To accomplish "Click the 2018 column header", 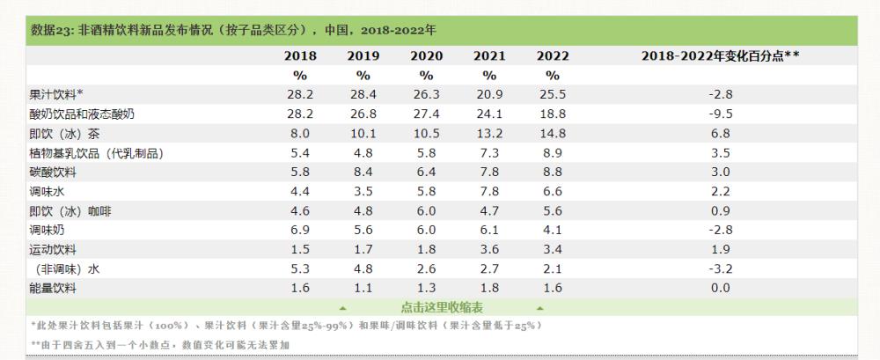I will [300, 55].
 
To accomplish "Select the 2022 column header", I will [553, 55].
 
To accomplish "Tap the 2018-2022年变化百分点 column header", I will [720, 55].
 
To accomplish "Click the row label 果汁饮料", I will [56, 94].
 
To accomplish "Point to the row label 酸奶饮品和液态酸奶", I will [82, 114].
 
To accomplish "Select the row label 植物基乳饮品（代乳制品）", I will [97, 153].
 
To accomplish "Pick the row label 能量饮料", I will [53, 289].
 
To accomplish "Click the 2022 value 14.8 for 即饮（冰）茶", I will [553, 134].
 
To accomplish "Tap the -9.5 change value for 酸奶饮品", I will [720, 114].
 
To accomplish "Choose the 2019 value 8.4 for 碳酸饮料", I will [363, 173].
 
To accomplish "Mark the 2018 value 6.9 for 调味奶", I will [300, 231].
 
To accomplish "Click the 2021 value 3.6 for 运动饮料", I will [489, 250].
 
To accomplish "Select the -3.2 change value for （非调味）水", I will [720, 269].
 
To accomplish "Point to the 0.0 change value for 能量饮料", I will [720, 289].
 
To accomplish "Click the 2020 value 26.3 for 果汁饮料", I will [426, 94].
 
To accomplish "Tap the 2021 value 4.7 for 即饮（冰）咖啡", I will [489, 211].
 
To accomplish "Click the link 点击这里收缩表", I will [441, 306].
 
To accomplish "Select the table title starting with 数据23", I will [233, 30].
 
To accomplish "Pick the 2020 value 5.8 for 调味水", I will [426, 192].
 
